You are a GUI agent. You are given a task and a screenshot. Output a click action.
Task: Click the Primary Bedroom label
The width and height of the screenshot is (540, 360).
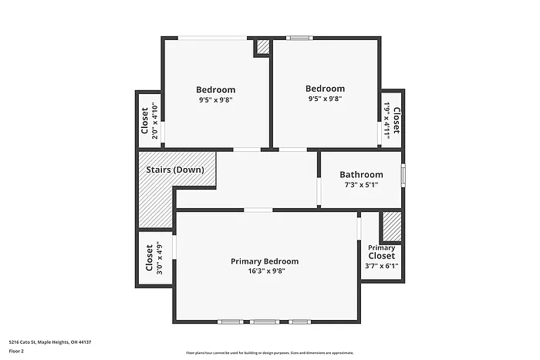click(265, 261)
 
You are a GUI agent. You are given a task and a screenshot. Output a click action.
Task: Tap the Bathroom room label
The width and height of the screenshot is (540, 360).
click(361, 175)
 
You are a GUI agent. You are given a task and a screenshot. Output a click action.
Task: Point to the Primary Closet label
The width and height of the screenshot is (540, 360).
click(381, 251)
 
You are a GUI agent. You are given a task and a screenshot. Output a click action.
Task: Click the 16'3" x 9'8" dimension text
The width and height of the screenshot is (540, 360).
click(265, 271)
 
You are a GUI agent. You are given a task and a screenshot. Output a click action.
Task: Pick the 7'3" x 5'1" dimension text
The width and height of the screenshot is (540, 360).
click(361, 185)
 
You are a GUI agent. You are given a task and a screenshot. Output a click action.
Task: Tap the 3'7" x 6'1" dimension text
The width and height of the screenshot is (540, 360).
click(381, 266)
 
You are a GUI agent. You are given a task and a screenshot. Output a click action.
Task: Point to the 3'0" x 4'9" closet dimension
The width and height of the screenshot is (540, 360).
click(159, 258)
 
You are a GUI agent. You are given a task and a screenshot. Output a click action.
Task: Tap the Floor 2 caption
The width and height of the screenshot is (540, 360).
click(17, 351)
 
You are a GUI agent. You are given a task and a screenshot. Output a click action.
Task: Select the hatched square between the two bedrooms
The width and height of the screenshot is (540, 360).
click(262, 47)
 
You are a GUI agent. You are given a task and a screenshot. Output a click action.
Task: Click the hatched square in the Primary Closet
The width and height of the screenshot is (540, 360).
click(392, 227)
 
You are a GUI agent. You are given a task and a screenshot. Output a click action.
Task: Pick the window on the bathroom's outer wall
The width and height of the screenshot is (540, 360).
click(402, 174)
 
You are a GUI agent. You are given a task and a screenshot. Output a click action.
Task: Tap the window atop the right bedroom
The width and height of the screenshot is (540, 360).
click(299, 37)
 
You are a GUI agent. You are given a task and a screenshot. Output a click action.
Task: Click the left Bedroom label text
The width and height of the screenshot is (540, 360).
click(215, 89)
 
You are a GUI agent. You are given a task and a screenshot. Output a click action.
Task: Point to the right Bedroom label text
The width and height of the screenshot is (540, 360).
click(325, 89)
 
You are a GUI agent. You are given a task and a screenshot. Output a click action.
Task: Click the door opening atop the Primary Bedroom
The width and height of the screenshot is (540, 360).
click(258, 210)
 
